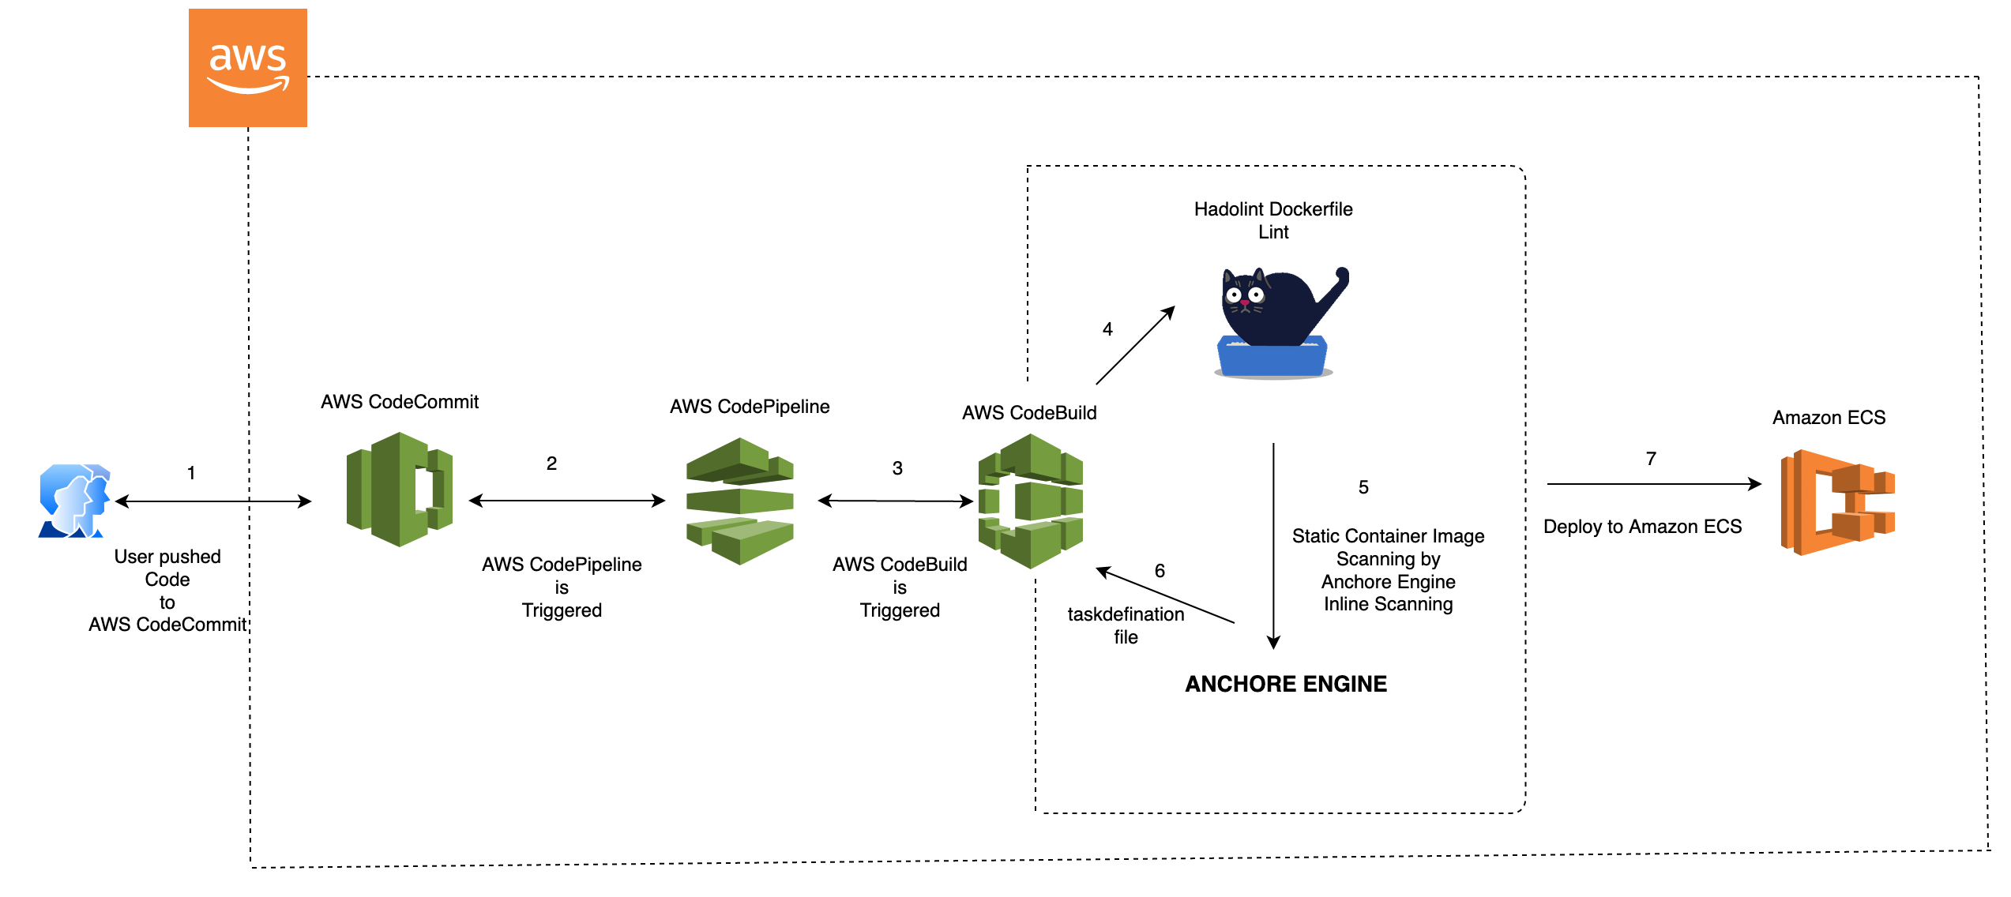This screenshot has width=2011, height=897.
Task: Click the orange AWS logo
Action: coord(248,68)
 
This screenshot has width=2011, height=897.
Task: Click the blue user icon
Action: coord(74,501)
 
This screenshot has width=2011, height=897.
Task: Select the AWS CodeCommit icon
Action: coord(400,490)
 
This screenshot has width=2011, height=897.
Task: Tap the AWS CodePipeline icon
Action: coord(740,501)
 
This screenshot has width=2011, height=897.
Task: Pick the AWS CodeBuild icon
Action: coord(1031,501)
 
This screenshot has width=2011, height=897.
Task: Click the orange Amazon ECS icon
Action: coord(1838,502)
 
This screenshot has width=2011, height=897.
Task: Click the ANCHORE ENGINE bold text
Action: coord(1286,684)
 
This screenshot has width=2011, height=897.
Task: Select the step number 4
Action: coord(1107,329)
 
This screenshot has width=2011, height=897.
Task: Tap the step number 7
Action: coord(1651,459)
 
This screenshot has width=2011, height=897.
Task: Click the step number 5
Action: coord(1363,487)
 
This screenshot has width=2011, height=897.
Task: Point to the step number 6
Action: coord(1160,571)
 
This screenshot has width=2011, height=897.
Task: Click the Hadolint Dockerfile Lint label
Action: coord(1273,220)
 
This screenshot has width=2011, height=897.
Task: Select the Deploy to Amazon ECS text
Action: coord(1643,527)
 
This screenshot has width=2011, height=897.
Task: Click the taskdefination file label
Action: coord(1126,625)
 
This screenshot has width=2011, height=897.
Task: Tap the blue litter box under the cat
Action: coord(1272,357)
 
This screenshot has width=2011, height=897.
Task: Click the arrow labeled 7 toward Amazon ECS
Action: coord(1655,484)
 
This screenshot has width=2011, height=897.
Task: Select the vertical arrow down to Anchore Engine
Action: coord(1273,546)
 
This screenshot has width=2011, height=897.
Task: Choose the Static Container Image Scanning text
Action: coord(1389,547)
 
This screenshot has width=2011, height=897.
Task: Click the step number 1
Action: coord(191,473)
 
